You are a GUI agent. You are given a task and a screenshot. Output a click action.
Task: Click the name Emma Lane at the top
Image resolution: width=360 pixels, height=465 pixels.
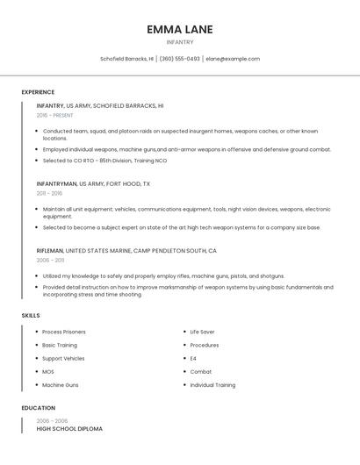(180, 29)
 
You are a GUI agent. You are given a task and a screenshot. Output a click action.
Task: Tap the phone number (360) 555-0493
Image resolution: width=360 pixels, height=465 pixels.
(179, 59)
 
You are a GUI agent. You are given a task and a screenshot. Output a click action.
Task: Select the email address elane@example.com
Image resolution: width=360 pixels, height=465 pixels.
(233, 59)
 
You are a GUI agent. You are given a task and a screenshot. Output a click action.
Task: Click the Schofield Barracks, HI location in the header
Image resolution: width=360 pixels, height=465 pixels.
(126, 59)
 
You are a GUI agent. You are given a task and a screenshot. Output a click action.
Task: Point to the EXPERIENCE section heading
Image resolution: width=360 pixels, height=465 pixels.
(38, 92)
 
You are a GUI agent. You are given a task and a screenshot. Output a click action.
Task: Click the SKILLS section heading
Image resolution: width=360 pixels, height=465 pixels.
(31, 315)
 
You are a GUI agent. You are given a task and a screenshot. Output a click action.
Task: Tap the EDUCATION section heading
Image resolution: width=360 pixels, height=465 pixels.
(38, 408)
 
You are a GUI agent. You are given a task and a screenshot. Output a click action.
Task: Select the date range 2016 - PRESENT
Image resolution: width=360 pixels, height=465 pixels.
(54, 115)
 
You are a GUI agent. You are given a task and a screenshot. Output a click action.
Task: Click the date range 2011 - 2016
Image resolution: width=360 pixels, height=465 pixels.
(49, 193)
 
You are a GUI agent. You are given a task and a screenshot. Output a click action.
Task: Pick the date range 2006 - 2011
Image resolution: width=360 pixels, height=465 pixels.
(49, 260)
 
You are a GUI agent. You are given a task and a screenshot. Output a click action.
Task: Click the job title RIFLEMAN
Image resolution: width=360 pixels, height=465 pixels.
(50, 251)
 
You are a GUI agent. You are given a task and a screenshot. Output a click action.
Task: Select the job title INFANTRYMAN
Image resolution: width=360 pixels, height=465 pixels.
(57, 184)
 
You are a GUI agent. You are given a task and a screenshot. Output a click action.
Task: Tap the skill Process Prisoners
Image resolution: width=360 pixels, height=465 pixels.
(64, 332)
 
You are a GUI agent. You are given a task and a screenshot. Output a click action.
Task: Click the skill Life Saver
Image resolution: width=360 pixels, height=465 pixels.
(202, 332)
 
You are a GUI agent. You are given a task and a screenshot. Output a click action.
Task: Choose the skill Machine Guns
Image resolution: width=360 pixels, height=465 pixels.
(61, 385)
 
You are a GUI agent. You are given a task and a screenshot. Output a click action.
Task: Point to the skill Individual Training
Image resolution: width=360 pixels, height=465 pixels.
(212, 385)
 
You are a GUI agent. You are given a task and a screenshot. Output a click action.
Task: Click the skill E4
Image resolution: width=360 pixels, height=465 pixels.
(193, 358)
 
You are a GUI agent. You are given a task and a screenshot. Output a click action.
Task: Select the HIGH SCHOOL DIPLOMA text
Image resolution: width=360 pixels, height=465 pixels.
(69, 429)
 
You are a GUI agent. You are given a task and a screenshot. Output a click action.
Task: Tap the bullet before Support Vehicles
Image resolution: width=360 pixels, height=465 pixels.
(36, 358)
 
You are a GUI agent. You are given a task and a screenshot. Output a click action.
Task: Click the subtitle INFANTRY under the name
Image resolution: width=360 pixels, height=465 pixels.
(180, 42)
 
